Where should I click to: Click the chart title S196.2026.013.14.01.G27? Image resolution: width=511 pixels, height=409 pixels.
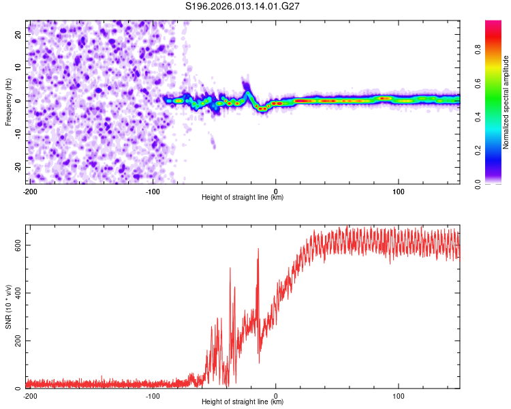click(243, 6)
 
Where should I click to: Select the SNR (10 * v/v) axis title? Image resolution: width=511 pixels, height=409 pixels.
click(8, 306)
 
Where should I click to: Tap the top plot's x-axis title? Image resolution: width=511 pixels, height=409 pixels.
click(243, 197)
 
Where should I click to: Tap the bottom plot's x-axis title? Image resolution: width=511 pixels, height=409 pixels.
click(243, 402)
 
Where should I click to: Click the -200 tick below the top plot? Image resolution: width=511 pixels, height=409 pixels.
click(29, 190)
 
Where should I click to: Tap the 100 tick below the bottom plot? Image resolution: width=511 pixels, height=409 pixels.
click(399, 395)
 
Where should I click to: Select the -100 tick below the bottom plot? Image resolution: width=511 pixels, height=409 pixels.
click(152, 395)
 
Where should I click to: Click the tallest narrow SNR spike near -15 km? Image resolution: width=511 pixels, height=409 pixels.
click(258, 250)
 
